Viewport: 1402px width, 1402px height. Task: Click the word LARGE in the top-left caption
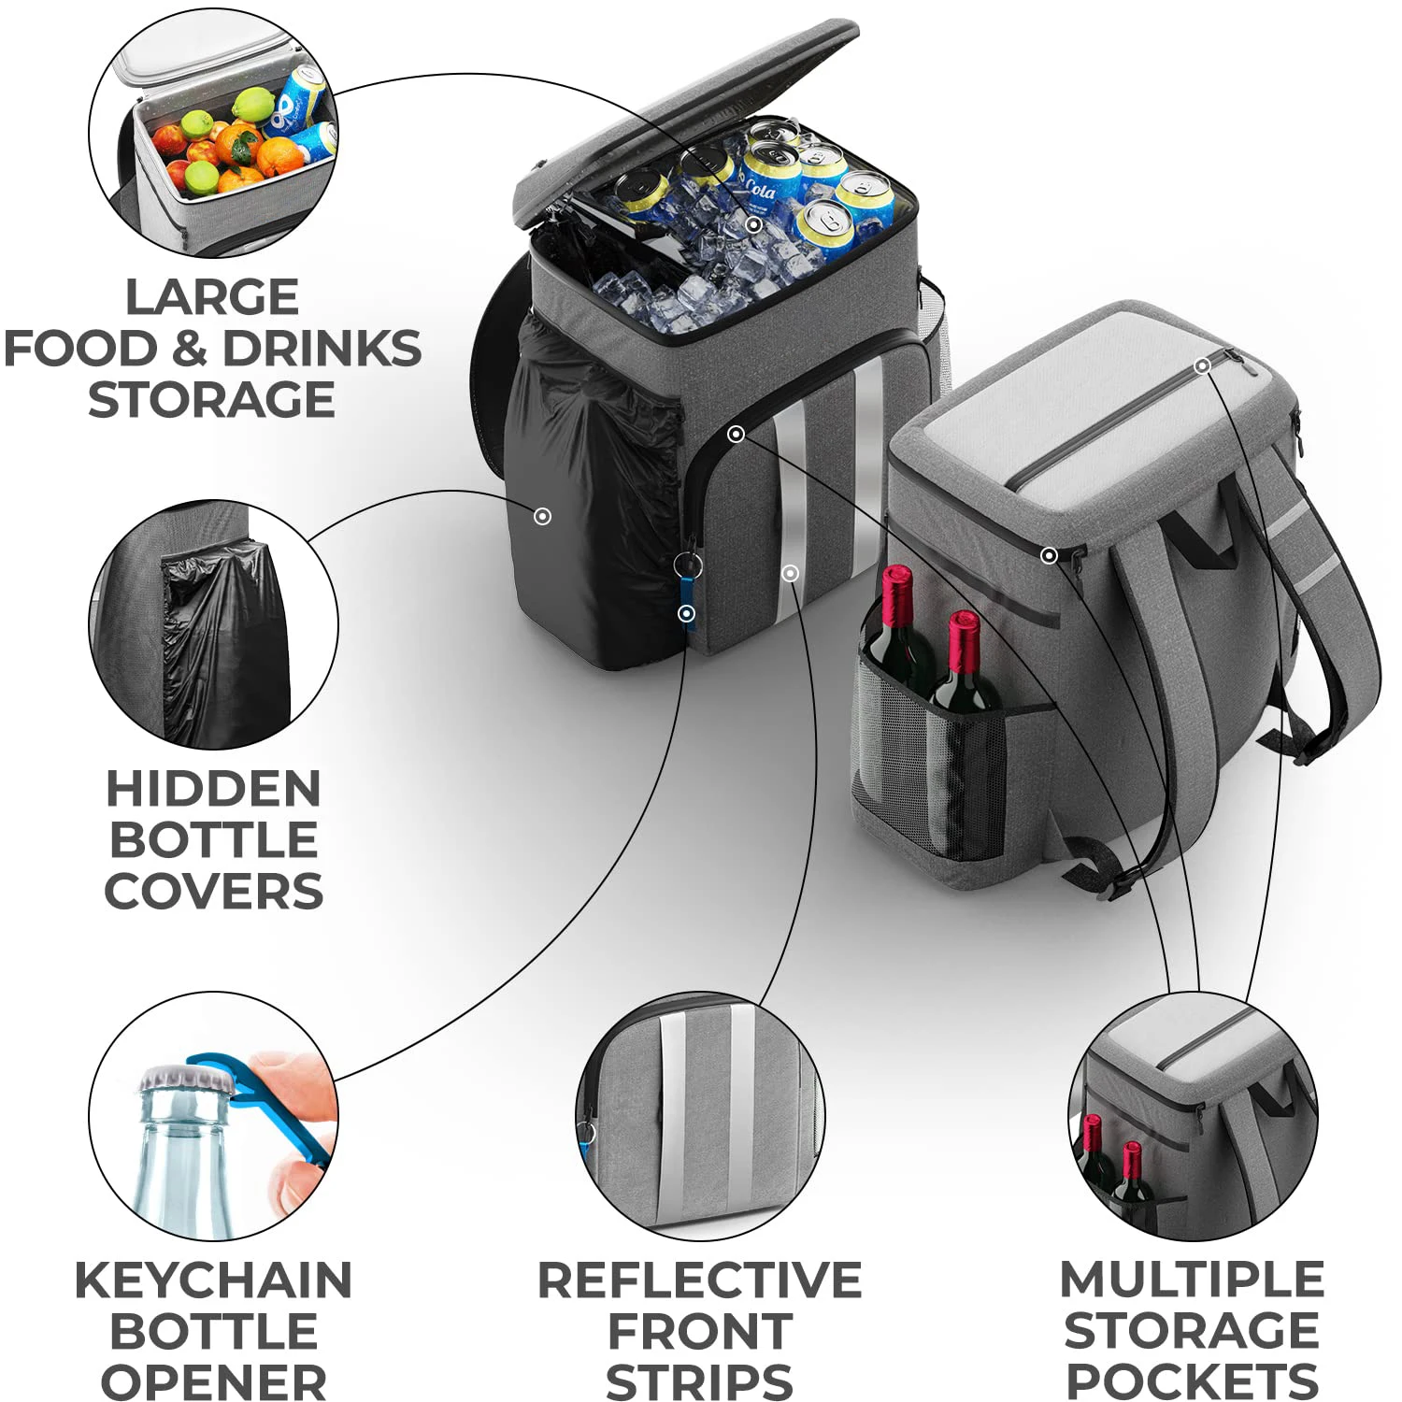click(x=212, y=298)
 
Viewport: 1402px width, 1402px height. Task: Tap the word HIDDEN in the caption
click(x=213, y=789)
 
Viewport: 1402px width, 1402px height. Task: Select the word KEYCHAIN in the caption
click(x=213, y=1280)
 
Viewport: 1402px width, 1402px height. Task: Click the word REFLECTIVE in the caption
click(x=699, y=1280)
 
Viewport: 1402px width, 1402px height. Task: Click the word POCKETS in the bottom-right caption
click(x=1192, y=1381)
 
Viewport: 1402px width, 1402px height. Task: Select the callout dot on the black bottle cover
click(x=542, y=516)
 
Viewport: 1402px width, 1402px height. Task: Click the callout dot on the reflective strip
click(x=791, y=573)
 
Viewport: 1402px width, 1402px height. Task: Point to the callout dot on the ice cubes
click(x=754, y=224)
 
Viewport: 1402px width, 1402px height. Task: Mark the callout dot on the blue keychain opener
click(x=687, y=613)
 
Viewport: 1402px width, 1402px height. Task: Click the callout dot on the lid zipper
click(x=1203, y=365)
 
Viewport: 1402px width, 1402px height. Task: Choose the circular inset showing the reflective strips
click(x=699, y=1116)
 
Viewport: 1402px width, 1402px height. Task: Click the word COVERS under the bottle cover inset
click(x=213, y=892)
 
